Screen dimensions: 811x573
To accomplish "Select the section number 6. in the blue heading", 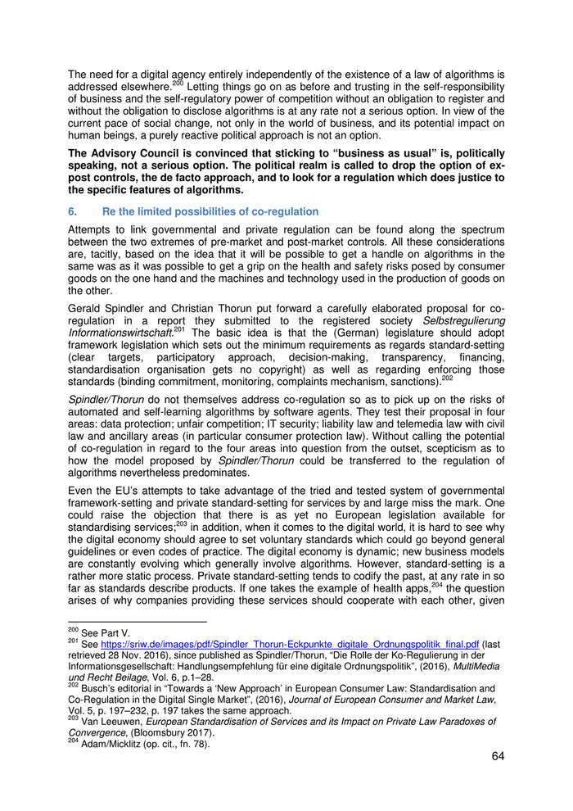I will pos(73,211).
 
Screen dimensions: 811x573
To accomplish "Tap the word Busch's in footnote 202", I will pos(101,689).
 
